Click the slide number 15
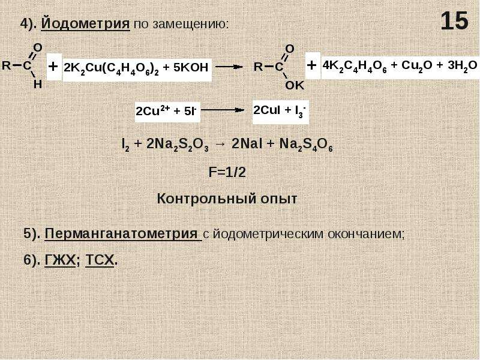click(x=455, y=21)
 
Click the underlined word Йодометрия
click(x=85, y=23)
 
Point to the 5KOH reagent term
click(x=191, y=67)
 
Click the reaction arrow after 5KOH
click(x=229, y=67)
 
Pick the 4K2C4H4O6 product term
click(x=355, y=66)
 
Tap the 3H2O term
click(x=462, y=66)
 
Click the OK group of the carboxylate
click(x=295, y=85)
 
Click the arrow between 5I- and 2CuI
click(x=223, y=110)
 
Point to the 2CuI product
click(x=266, y=110)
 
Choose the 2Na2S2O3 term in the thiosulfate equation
click(x=178, y=145)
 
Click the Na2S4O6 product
click(x=306, y=145)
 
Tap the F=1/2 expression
click(x=227, y=173)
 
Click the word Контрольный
click(x=206, y=199)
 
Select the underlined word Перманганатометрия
click(x=121, y=234)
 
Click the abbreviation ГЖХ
click(x=60, y=260)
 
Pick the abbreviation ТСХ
click(x=100, y=260)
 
